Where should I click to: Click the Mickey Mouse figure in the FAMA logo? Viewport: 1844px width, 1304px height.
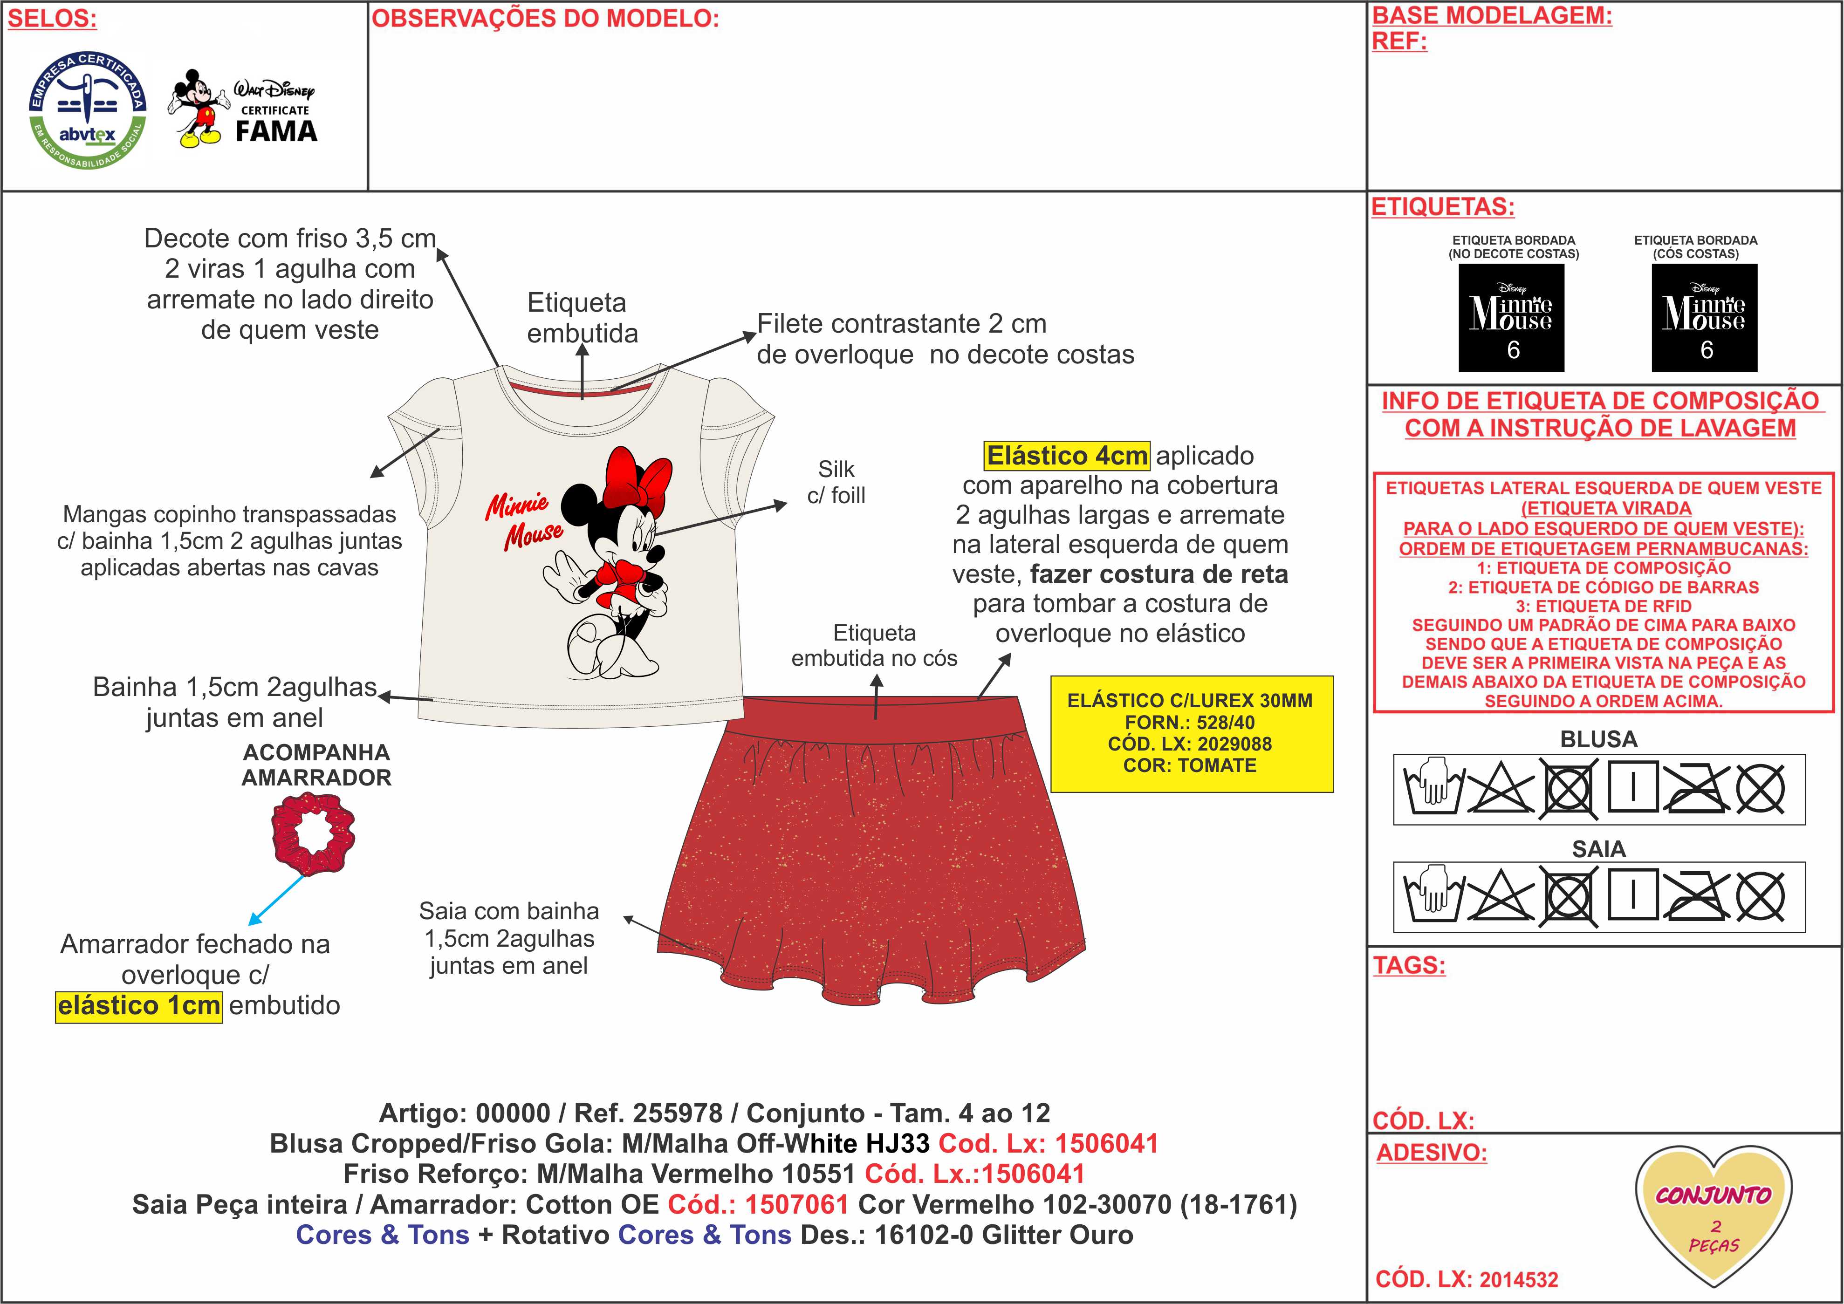point(197,109)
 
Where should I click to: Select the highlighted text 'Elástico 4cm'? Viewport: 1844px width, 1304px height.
point(1067,455)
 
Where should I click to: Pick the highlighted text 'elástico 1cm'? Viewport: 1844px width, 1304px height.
point(138,1005)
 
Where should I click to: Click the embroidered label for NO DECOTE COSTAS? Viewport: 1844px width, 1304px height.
point(1511,318)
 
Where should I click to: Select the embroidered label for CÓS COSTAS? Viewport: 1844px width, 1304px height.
point(1704,318)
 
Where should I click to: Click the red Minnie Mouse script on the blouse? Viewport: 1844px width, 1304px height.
point(524,520)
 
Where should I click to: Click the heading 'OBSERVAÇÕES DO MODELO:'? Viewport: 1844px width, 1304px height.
point(544,19)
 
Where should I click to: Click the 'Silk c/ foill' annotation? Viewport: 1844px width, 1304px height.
point(836,482)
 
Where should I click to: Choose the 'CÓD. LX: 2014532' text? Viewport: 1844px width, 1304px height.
point(1467,1279)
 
